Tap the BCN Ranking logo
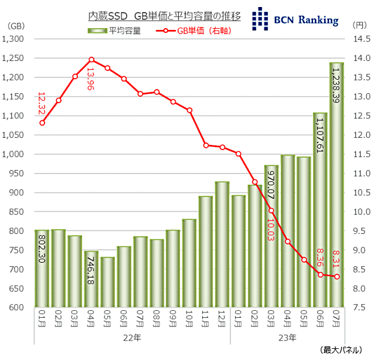[295, 19]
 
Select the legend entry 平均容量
[114, 31]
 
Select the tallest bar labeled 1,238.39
[336, 188]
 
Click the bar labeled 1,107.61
[320, 211]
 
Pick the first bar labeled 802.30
[42, 270]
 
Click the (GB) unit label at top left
[16, 25]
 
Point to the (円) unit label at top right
[359, 25]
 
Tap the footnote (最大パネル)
[345, 351]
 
